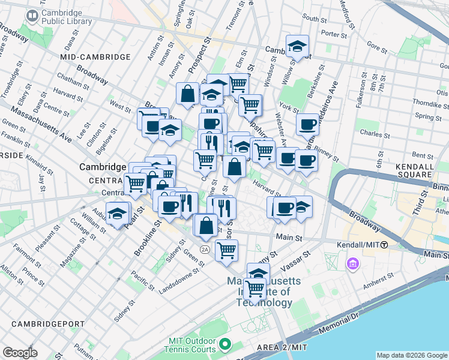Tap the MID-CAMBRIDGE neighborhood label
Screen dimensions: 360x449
[95, 56]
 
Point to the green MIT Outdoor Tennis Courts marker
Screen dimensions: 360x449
[225, 344]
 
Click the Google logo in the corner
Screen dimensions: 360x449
[20, 353]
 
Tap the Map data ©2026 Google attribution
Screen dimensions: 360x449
[411, 355]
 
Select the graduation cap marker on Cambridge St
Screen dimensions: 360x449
[297, 46]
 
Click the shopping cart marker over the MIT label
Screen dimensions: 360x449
[255, 289]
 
